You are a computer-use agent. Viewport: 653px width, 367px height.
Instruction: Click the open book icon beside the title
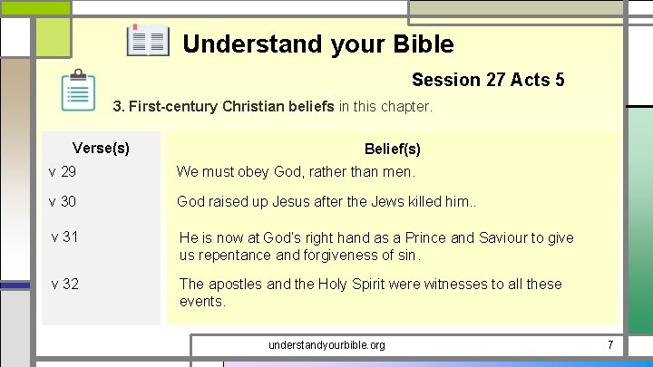[148, 42]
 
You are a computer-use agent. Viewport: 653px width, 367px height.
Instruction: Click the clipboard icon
[78, 91]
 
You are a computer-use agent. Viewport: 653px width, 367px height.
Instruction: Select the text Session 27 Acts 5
[488, 80]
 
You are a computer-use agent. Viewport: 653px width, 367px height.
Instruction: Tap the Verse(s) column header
[101, 148]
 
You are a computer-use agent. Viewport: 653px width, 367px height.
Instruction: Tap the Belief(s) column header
[392, 149]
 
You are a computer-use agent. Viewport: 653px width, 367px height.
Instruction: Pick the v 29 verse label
[63, 170]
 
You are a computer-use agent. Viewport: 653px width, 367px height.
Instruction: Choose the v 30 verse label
[63, 201]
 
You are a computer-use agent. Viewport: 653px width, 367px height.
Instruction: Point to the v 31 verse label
[65, 237]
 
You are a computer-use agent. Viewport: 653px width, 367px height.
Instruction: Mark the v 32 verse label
[65, 284]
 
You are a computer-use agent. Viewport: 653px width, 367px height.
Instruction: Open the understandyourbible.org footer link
[326, 345]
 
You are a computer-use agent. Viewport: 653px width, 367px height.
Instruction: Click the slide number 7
[610, 345]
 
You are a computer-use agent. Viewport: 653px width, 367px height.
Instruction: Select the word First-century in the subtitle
[172, 107]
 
